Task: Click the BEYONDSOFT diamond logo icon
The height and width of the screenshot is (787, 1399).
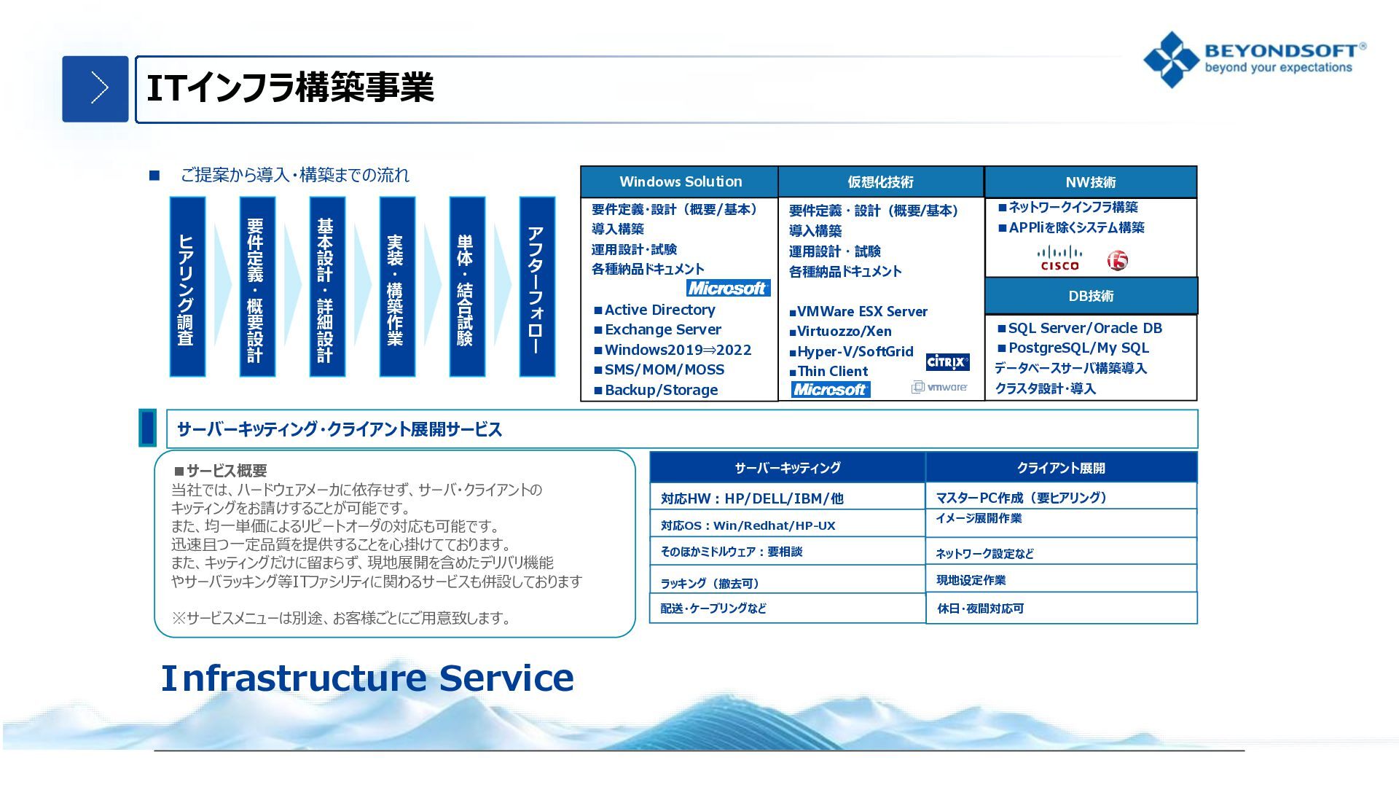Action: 1171,60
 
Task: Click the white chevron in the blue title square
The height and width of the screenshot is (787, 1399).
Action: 99,88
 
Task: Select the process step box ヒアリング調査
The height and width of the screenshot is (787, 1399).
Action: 187,286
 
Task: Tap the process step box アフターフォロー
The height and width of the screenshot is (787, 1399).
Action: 537,286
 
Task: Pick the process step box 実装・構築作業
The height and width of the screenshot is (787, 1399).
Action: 397,286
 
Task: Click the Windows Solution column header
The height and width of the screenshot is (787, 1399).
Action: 680,181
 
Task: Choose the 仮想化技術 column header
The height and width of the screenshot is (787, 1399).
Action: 881,181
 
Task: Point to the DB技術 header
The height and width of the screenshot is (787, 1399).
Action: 1091,296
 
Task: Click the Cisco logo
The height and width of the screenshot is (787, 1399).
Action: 1059,259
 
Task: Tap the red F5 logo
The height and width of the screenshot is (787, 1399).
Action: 1117,260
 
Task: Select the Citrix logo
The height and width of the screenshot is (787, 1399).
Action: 947,361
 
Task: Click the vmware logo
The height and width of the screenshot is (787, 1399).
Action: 939,387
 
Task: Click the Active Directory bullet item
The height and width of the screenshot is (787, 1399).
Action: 654,310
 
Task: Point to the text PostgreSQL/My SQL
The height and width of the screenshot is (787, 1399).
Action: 1078,348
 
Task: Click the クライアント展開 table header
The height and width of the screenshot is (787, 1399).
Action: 1062,468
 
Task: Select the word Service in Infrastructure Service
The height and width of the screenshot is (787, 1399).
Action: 506,678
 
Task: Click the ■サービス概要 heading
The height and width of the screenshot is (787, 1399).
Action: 221,471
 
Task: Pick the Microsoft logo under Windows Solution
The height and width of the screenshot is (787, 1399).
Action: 728,288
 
